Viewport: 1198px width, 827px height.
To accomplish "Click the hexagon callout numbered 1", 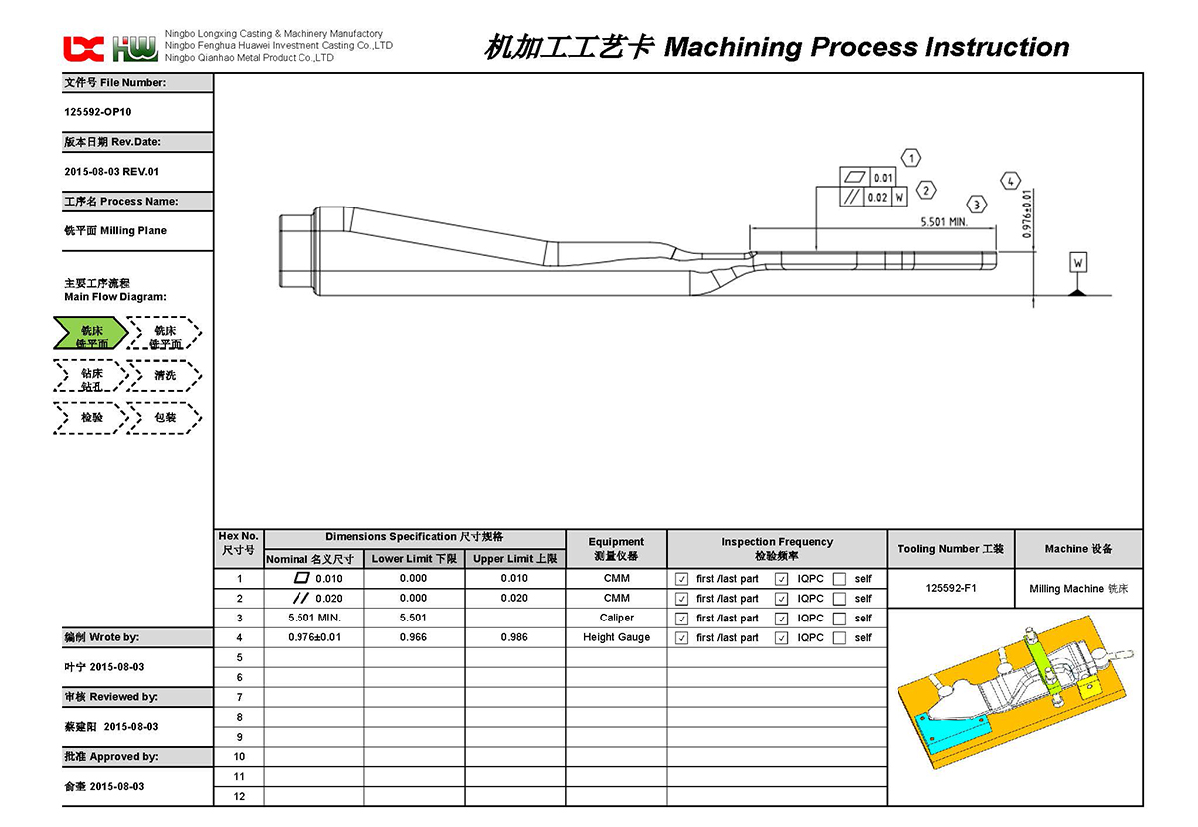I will (910, 158).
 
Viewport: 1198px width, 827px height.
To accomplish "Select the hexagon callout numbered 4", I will (1011, 181).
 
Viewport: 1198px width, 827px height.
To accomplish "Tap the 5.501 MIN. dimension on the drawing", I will (943, 222).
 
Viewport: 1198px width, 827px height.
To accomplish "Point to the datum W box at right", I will (1078, 263).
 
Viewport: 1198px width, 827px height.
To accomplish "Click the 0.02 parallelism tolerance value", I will (877, 198).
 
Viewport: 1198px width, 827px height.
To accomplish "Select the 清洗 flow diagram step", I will (165, 376).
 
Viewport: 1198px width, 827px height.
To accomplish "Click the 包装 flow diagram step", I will (165, 418).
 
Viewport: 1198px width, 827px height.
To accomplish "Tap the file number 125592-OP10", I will (97, 112).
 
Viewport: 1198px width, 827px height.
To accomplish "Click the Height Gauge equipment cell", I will (616, 637).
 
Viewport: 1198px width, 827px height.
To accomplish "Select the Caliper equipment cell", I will (616, 618).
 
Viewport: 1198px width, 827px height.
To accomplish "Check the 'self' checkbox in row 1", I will (840, 579).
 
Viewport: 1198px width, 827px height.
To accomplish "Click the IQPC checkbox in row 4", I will (781, 638).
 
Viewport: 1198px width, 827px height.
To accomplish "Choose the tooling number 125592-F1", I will (950, 588).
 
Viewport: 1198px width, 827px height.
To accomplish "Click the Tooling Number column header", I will (950, 549).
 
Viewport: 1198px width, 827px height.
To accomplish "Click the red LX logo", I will (83, 48).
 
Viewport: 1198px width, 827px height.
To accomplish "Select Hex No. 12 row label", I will (239, 796).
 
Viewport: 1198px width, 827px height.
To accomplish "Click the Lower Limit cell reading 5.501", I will (413, 618).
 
